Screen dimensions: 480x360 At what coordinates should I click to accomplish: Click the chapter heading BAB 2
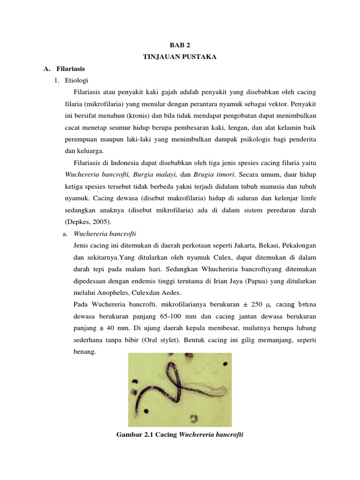[180, 45]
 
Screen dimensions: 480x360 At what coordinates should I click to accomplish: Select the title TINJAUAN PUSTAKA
[180, 57]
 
